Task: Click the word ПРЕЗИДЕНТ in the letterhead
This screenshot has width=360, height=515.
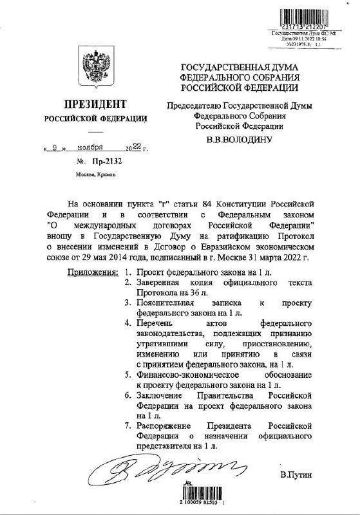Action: pos(93,104)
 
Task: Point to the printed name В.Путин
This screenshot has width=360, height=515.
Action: pos(296,475)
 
